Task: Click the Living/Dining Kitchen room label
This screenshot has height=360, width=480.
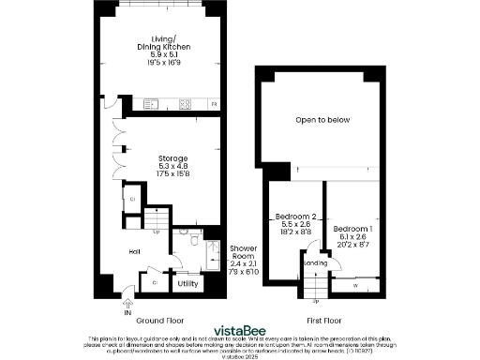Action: coord(158,52)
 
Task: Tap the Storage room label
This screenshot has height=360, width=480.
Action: coord(158,165)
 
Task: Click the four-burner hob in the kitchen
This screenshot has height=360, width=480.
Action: coord(184,103)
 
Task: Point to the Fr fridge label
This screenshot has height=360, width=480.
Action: coord(214,103)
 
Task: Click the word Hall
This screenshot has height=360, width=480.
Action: coord(135,250)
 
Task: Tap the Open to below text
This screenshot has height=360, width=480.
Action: coord(321,120)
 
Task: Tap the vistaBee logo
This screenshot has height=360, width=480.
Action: coord(238,330)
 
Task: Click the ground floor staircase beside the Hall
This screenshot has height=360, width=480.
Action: coord(140,224)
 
